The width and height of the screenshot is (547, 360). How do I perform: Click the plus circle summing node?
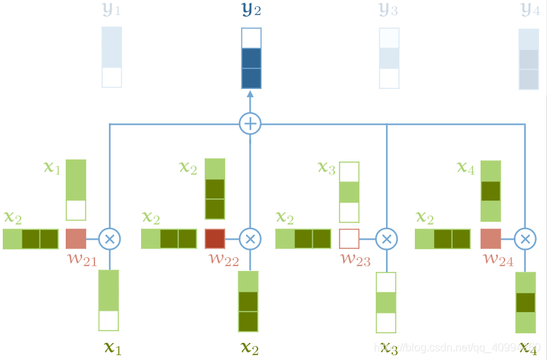pos(251,124)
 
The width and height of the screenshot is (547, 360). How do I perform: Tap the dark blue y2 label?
pos(251,10)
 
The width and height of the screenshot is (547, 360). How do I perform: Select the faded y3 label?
pos(389,10)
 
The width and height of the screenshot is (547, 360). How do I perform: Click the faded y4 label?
pos(529,10)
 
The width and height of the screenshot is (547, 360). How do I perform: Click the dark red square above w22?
pos(215,238)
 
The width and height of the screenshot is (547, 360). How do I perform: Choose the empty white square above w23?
pos(349,238)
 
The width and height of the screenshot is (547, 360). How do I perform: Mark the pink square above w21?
pos(76,238)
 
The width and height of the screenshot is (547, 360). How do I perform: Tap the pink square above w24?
pos(491,238)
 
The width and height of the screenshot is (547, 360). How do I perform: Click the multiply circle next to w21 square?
pos(110,238)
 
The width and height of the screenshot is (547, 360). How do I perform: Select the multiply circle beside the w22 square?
pos(251,238)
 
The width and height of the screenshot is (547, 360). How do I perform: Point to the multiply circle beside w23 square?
pos(387,238)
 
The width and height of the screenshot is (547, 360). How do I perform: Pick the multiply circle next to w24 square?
pos(526,238)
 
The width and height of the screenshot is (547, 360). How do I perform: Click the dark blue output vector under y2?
pos(251,58)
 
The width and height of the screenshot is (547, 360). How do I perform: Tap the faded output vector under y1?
pos(112,57)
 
